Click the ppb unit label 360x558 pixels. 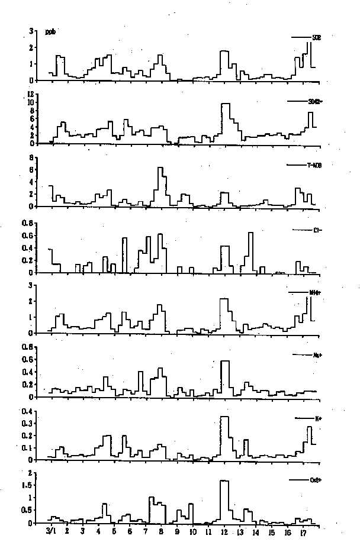coord(50,32)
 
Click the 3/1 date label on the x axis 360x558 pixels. coord(51,531)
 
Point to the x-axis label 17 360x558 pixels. coord(303,531)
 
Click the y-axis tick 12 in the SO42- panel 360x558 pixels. coord(29,95)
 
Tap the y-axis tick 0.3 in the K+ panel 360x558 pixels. coord(27,424)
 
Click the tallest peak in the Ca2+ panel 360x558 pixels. coord(224,480)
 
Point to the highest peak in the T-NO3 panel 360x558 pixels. coord(160,168)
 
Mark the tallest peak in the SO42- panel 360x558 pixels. coord(225,104)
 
